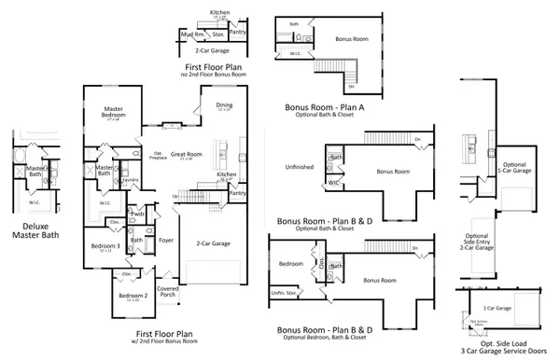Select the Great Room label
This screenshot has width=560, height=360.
187,156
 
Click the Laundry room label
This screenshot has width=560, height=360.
132,179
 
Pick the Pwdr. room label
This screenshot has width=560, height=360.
138,214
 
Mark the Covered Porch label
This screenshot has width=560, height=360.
169,291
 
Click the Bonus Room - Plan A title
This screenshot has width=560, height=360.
325,107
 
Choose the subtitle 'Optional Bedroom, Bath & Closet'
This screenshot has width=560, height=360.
326,339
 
